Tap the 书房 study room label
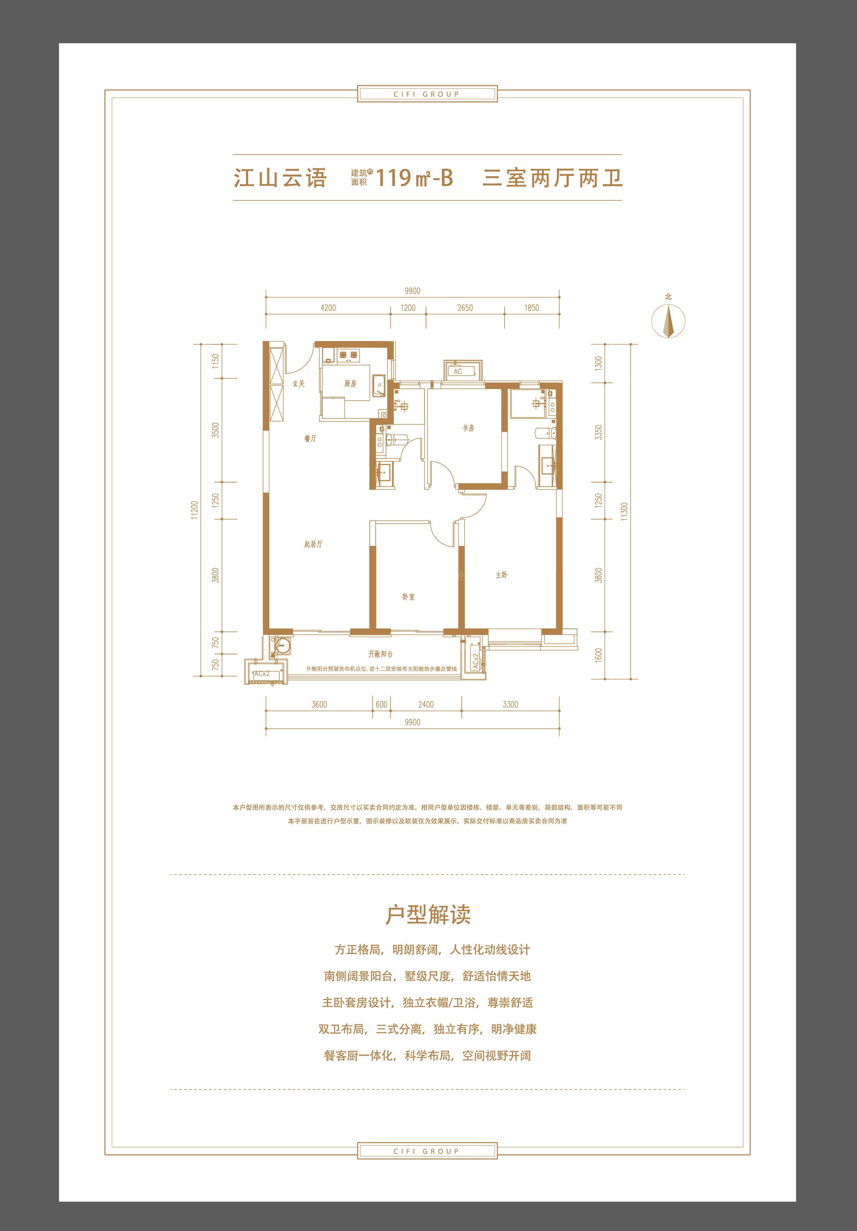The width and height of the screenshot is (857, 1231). [x=468, y=428]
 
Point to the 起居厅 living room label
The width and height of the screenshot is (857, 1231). [x=313, y=544]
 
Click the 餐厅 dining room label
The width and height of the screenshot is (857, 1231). [x=310, y=439]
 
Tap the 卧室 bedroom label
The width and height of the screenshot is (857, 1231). [x=408, y=597]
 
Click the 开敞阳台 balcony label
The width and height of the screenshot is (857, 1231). [x=381, y=654]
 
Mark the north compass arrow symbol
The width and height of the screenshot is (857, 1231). [x=668, y=321]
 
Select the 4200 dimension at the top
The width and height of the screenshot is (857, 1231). [x=328, y=308]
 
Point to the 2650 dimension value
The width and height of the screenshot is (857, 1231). [x=465, y=308]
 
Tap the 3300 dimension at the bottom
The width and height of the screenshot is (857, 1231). [x=510, y=704]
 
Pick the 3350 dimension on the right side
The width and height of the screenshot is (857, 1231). [x=599, y=433]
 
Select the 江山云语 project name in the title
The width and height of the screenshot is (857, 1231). [x=280, y=177]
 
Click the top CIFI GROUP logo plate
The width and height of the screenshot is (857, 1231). [x=427, y=94]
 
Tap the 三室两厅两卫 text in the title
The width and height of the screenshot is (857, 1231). [x=553, y=177]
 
